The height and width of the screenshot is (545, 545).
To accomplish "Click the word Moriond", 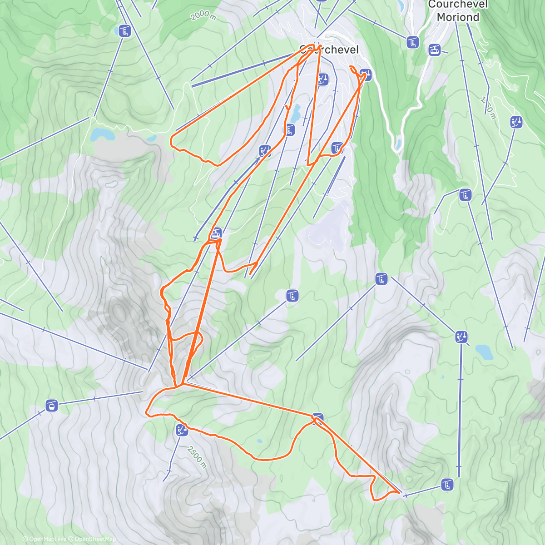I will [x=458, y=17].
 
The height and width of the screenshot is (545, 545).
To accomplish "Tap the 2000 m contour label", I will [x=203, y=16].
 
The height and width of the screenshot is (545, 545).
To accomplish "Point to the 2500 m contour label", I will [x=197, y=457].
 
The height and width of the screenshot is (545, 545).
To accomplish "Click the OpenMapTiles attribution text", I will [x=48, y=539].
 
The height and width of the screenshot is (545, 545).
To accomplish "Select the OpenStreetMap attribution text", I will [x=95, y=539].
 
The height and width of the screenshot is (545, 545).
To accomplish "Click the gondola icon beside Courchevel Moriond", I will [x=435, y=50].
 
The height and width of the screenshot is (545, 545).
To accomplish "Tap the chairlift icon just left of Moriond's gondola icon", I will [x=412, y=43].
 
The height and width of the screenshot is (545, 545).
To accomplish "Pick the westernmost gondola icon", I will [x=52, y=405].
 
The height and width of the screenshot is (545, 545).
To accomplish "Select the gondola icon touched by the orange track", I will [x=216, y=234].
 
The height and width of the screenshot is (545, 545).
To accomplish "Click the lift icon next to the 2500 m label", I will [x=182, y=430].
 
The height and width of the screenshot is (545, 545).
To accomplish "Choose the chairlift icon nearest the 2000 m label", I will [x=124, y=31].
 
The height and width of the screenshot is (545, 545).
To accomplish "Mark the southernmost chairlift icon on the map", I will [x=447, y=484].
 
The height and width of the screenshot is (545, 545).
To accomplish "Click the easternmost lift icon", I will [x=516, y=122].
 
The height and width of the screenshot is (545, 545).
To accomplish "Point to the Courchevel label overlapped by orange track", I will [x=329, y=50].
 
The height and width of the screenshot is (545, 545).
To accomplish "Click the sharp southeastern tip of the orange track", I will [x=400, y=492].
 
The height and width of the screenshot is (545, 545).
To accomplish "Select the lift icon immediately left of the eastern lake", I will [x=461, y=337].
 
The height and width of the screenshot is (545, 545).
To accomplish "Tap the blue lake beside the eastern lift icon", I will [x=484, y=352].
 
